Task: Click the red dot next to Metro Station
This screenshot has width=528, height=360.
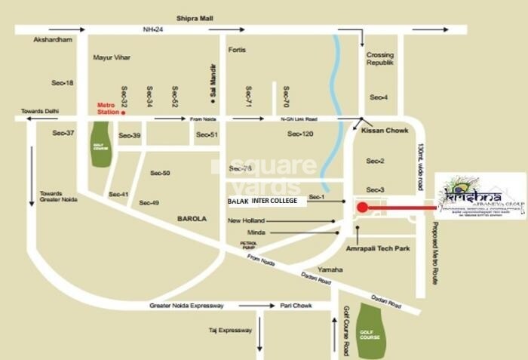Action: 124,112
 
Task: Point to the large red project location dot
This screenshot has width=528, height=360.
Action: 362,208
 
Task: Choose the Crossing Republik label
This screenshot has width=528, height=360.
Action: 380,59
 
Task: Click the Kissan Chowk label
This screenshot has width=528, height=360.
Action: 385,131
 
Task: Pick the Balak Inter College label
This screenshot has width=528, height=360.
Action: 267,202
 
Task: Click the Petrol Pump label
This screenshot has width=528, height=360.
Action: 250,245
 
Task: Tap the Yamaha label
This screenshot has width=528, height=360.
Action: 330,269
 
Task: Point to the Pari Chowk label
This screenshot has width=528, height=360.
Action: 296,306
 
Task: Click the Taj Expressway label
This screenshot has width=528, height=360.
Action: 231,331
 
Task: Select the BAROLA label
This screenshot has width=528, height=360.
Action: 192,218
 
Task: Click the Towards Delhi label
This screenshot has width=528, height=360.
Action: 39,111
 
